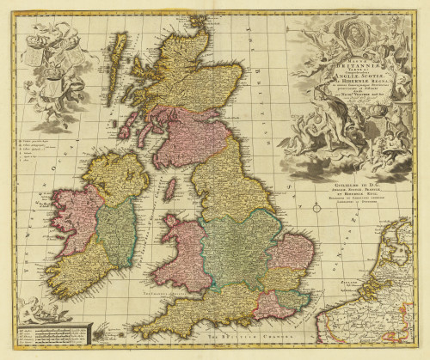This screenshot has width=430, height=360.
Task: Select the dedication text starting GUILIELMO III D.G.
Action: click(351, 193)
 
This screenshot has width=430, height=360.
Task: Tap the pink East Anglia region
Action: click(291, 251)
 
